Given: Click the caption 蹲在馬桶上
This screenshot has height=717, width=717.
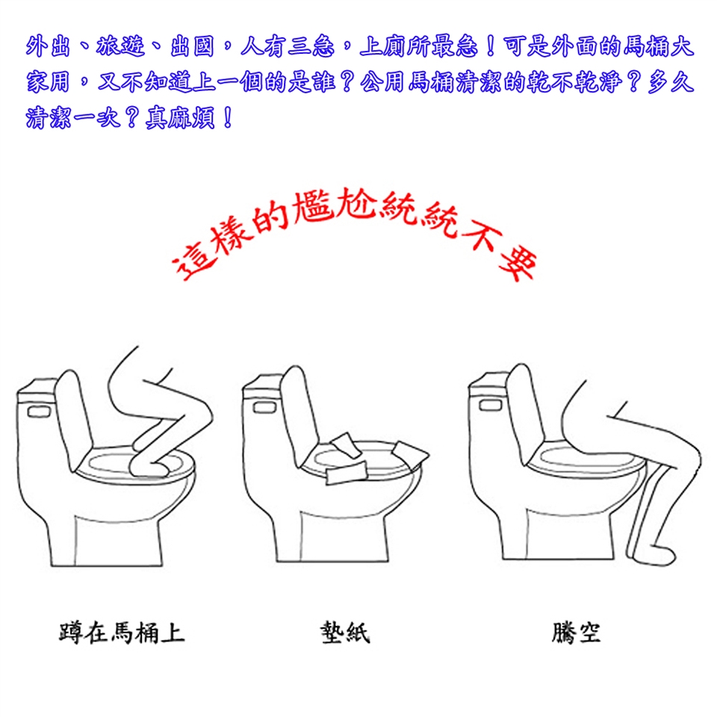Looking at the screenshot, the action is pyautogui.click(x=122, y=633).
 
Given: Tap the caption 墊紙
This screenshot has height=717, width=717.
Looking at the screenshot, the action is pyautogui.click(x=345, y=633).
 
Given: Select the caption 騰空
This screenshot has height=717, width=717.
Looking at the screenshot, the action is pyautogui.click(x=576, y=633).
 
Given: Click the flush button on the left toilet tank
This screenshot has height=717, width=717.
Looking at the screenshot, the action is pyautogui.click(x=39, y=412).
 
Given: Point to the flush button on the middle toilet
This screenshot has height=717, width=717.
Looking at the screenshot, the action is pyautogui.click(x=264, y=408).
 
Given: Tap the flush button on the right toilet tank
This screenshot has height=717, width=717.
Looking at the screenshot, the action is pyautogui.click(x=491, y=405).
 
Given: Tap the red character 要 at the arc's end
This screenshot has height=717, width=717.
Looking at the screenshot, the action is pyautogui.click(x=517, y=265).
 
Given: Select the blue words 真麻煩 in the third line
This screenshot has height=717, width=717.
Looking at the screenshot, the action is pyautogui.click(x=180, y=118).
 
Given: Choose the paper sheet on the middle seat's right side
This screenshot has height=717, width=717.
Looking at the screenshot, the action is pyautogui.click(x=411, y=452).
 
